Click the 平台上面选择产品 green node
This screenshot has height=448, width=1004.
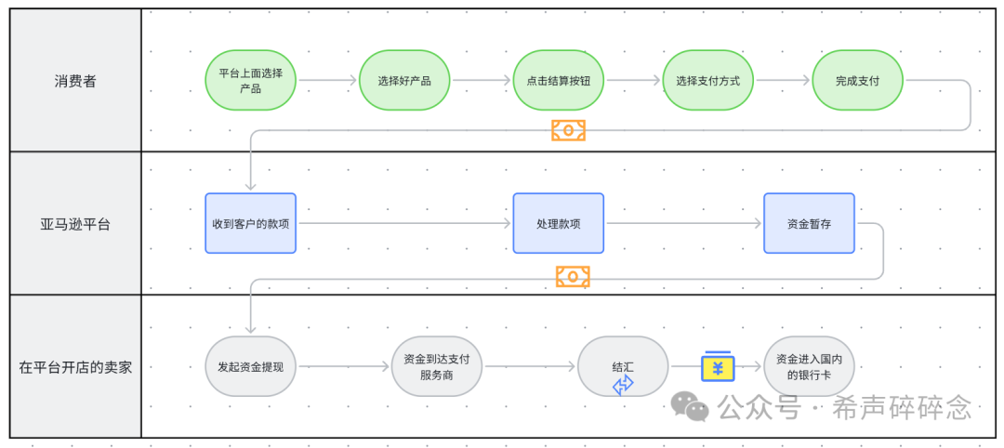(x=250, y=81)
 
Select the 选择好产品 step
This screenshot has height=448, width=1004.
(x=404, y=81)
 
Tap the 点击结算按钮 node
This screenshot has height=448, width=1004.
(x=558, y=81)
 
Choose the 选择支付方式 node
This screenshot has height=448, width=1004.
(x=707, y=81)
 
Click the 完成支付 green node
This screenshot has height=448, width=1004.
(x=857, y=81)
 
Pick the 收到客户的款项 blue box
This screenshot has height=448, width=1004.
(x=250, y=223)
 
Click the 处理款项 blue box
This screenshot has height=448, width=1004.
(x=558, y=223)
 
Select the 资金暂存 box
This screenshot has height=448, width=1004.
(x=809, y=223)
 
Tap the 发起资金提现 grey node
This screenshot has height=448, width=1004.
(x=250, y=366)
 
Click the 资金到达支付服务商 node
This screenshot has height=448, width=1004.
(x=437, y=366)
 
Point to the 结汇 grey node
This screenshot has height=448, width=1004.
(x=623, y=362)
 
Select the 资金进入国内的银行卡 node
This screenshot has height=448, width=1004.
(x=809, y=366)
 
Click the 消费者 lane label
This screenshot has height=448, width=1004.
(x=75, y=81)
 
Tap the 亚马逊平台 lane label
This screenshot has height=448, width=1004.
(x=75, y=224)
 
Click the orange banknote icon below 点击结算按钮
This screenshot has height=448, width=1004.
(x=568, y=130)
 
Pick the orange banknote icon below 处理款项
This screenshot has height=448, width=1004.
(x=573, y=276)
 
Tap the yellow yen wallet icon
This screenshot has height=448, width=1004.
(x=718, y=366)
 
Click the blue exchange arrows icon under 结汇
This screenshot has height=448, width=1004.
(x=623, y=384)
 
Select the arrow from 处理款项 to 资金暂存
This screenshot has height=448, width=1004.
(x=683, y=224)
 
